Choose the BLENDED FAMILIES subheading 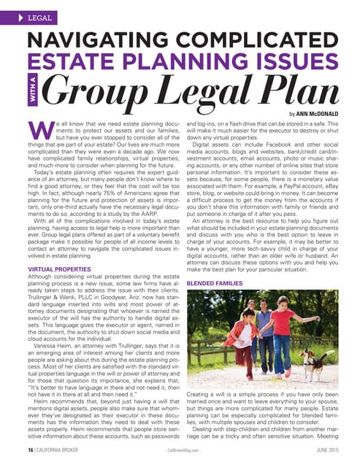coord(216,283)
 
